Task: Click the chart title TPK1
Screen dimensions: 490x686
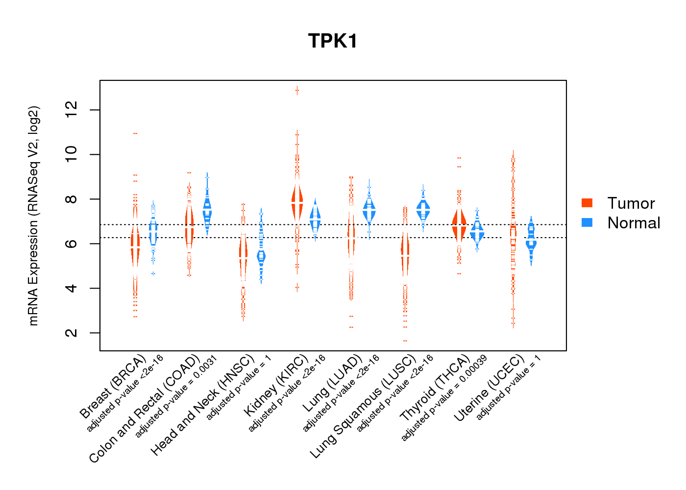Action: pos(333,41)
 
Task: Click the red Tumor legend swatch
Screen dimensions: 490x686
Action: pos(587,203)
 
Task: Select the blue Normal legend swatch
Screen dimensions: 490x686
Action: pos(587,222)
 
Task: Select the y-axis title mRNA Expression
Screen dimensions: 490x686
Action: pos(33,216)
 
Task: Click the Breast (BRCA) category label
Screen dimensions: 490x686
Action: pos(113,387)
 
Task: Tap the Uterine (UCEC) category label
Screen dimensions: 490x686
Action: pos(490,388)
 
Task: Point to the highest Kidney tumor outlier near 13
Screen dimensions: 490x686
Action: pos(297,90)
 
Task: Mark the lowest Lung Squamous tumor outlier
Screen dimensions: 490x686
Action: pos(405,341)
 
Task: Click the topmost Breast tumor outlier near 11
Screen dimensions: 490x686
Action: pos(135,133)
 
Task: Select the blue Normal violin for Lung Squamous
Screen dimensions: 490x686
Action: pos(423,210)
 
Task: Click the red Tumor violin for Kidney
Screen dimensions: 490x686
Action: pos(297,201)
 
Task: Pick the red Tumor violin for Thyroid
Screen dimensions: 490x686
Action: pos(459,225)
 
